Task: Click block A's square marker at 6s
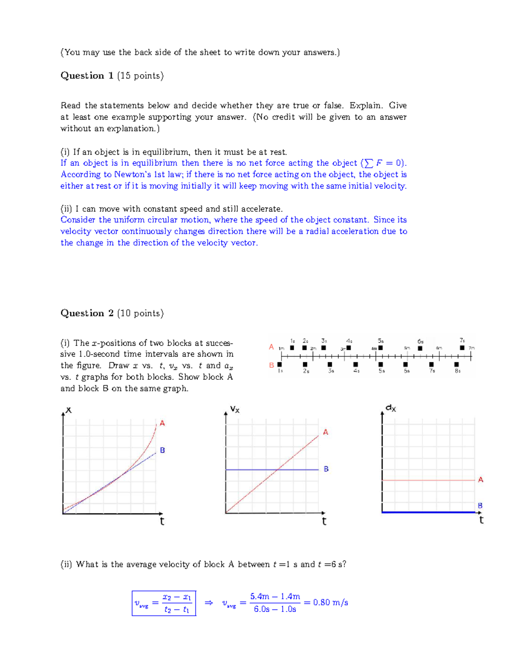[420, 348]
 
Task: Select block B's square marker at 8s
[457, 364]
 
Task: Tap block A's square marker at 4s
[349, 348]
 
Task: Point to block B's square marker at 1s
[280, 364]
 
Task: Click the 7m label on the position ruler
[472, 348]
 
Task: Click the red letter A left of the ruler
[271, 346]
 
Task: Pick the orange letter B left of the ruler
[271, 365]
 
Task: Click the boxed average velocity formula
[164, 603]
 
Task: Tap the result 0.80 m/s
[330, 602]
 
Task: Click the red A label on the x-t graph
[162, 423]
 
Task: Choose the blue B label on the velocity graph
[326, 469]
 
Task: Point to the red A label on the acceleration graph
[481, 480]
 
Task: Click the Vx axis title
[235, 409]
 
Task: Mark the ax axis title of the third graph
[391, 408]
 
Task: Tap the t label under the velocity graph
[324, 521]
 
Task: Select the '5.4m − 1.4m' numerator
[275, 596]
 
